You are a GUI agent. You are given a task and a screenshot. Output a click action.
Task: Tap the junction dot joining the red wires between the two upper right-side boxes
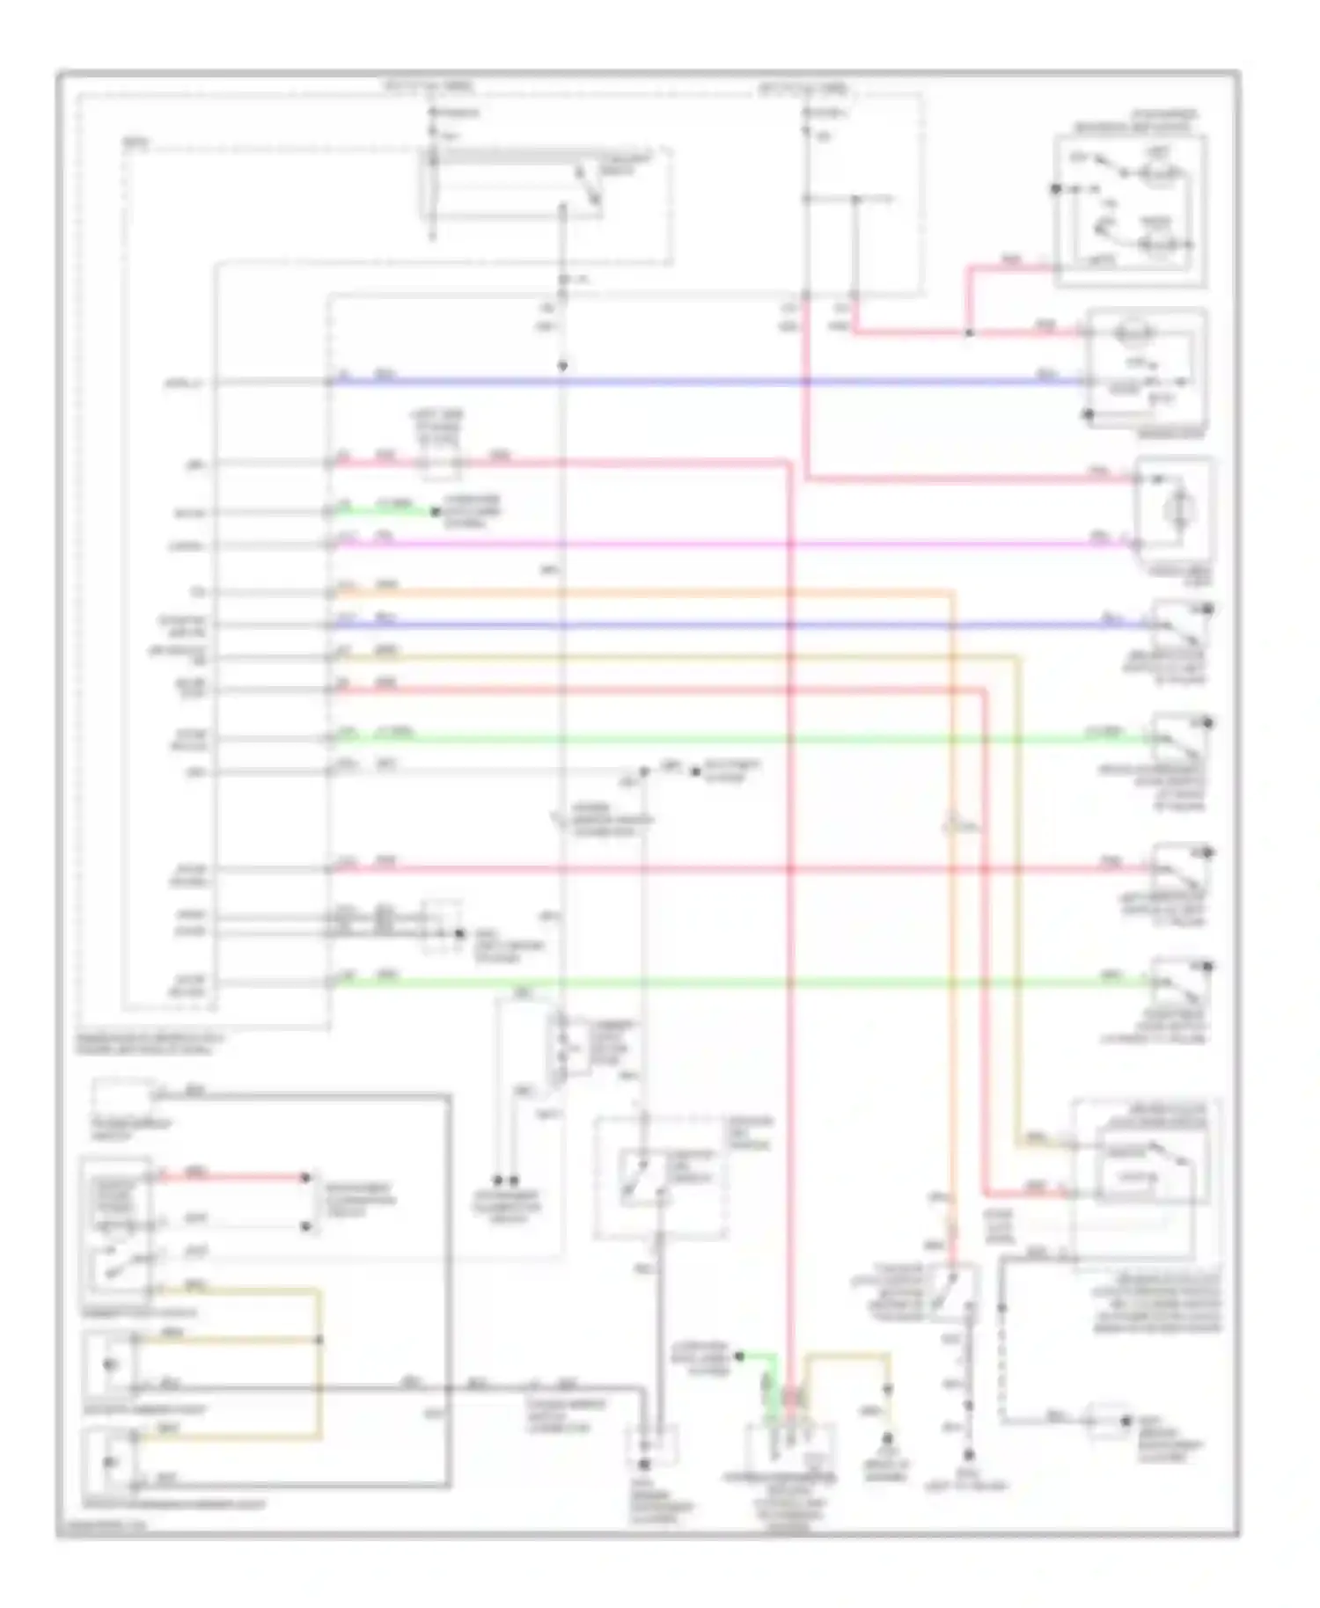point(969,333)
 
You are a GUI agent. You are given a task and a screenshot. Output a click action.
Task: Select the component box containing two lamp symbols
point(1131,211)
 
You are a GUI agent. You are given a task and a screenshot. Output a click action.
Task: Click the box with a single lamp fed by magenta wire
point(1175,508)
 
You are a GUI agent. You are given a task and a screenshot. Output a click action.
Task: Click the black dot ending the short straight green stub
point(435,511)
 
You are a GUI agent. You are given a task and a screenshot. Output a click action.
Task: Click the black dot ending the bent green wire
point(740,1356)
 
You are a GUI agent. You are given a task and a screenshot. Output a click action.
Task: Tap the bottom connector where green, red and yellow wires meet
point(789,1448)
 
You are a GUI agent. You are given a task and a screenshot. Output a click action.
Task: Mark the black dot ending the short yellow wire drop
point(888,1438)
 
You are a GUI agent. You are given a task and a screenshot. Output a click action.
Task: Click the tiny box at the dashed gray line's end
point(1107,1421)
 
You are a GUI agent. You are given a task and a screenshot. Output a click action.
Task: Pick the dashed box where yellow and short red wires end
point(1144,1179)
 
